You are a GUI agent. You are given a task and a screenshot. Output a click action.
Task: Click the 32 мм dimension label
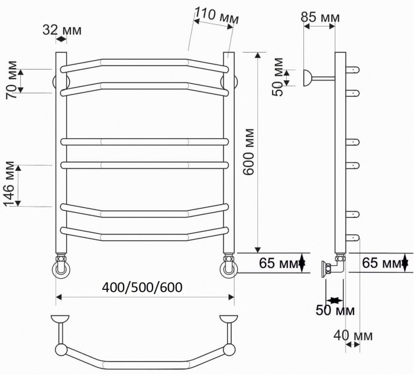tap(61, 30)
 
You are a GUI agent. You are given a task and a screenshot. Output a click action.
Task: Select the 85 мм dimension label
tap(320, 17)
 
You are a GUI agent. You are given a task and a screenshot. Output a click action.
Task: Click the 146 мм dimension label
tap(9, 184)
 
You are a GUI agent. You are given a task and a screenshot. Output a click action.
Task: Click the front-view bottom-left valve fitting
tap(62, 266)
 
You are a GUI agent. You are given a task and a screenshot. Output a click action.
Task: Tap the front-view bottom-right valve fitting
tap(228, 266)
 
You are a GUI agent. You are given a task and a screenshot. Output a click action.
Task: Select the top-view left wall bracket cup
tap(60, 321)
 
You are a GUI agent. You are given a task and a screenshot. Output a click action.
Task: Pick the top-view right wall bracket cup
tap(228, 321)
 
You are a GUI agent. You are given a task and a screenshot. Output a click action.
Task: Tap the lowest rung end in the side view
tap(353, 238)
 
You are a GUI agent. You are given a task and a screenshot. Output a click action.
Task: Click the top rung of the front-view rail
tap(145, 62)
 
